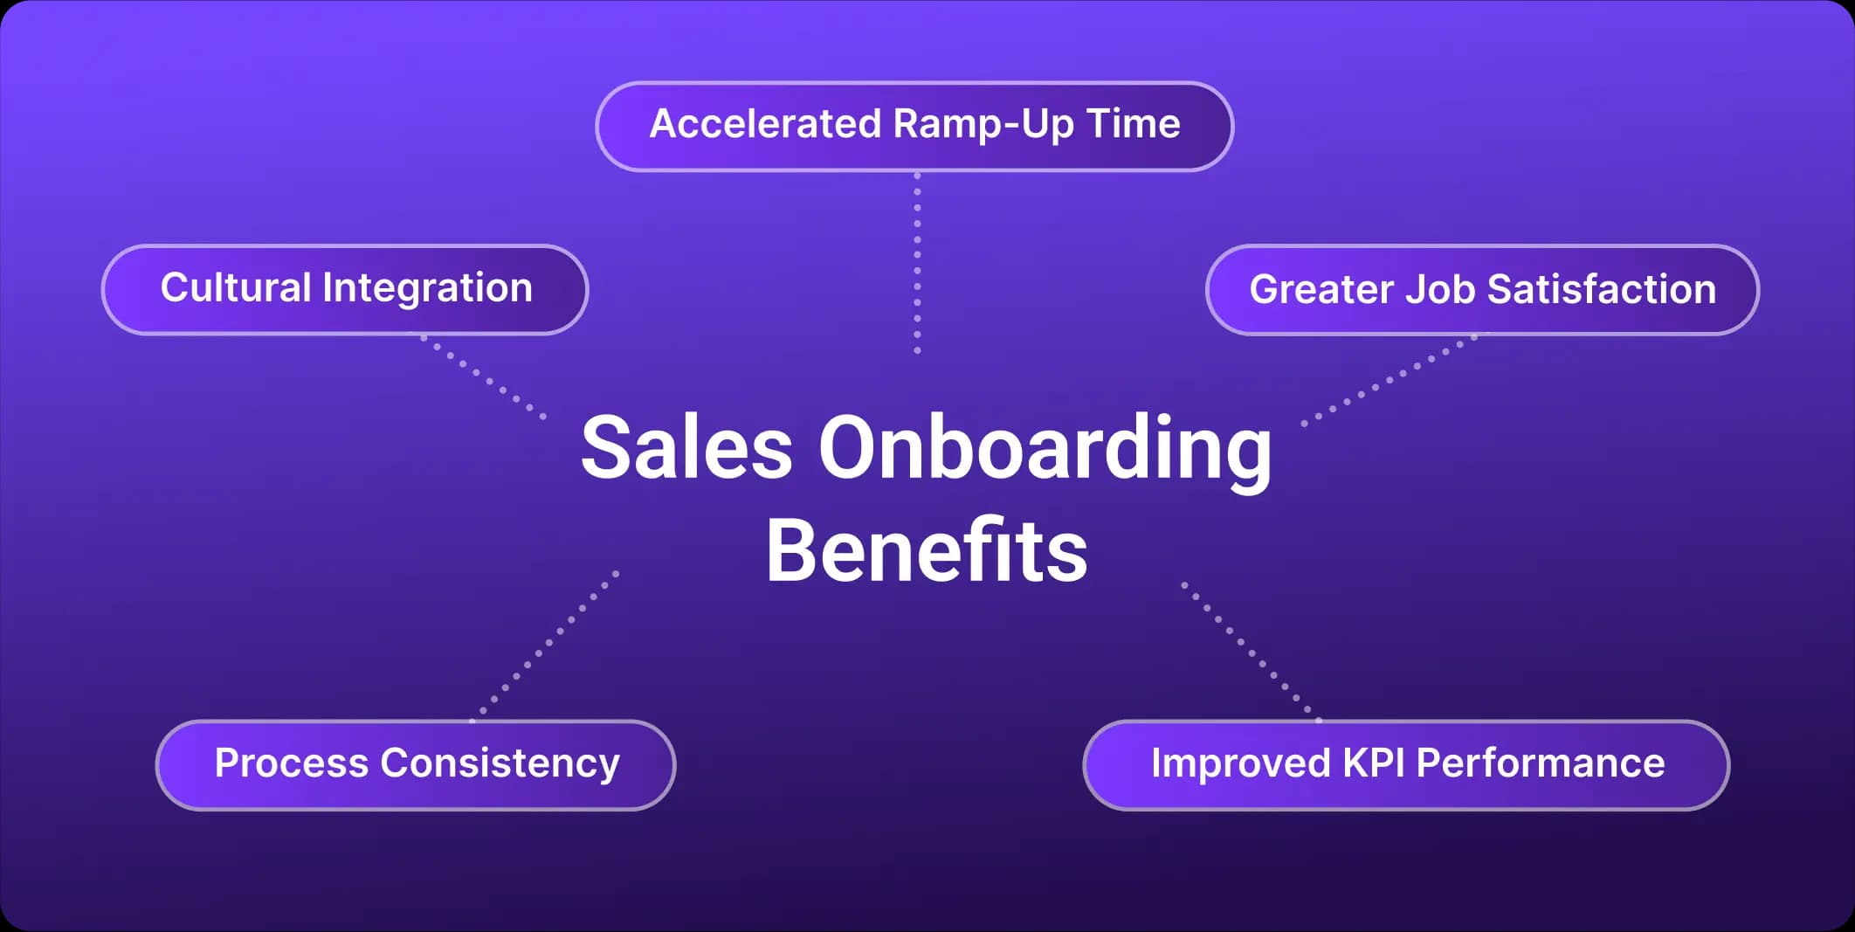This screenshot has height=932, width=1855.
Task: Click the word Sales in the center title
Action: (x=686, y=447)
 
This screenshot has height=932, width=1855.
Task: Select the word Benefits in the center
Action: (x=927, y=550)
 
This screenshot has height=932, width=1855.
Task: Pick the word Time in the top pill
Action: (x=1134, y=124)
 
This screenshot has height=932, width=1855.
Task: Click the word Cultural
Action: (x=236, y=287)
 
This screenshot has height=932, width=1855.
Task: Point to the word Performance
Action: (x=1541, y=763)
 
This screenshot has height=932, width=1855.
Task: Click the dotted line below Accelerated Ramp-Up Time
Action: (x=917, y=263)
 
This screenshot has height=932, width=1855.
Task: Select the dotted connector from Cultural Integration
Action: (x=483, y=376)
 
